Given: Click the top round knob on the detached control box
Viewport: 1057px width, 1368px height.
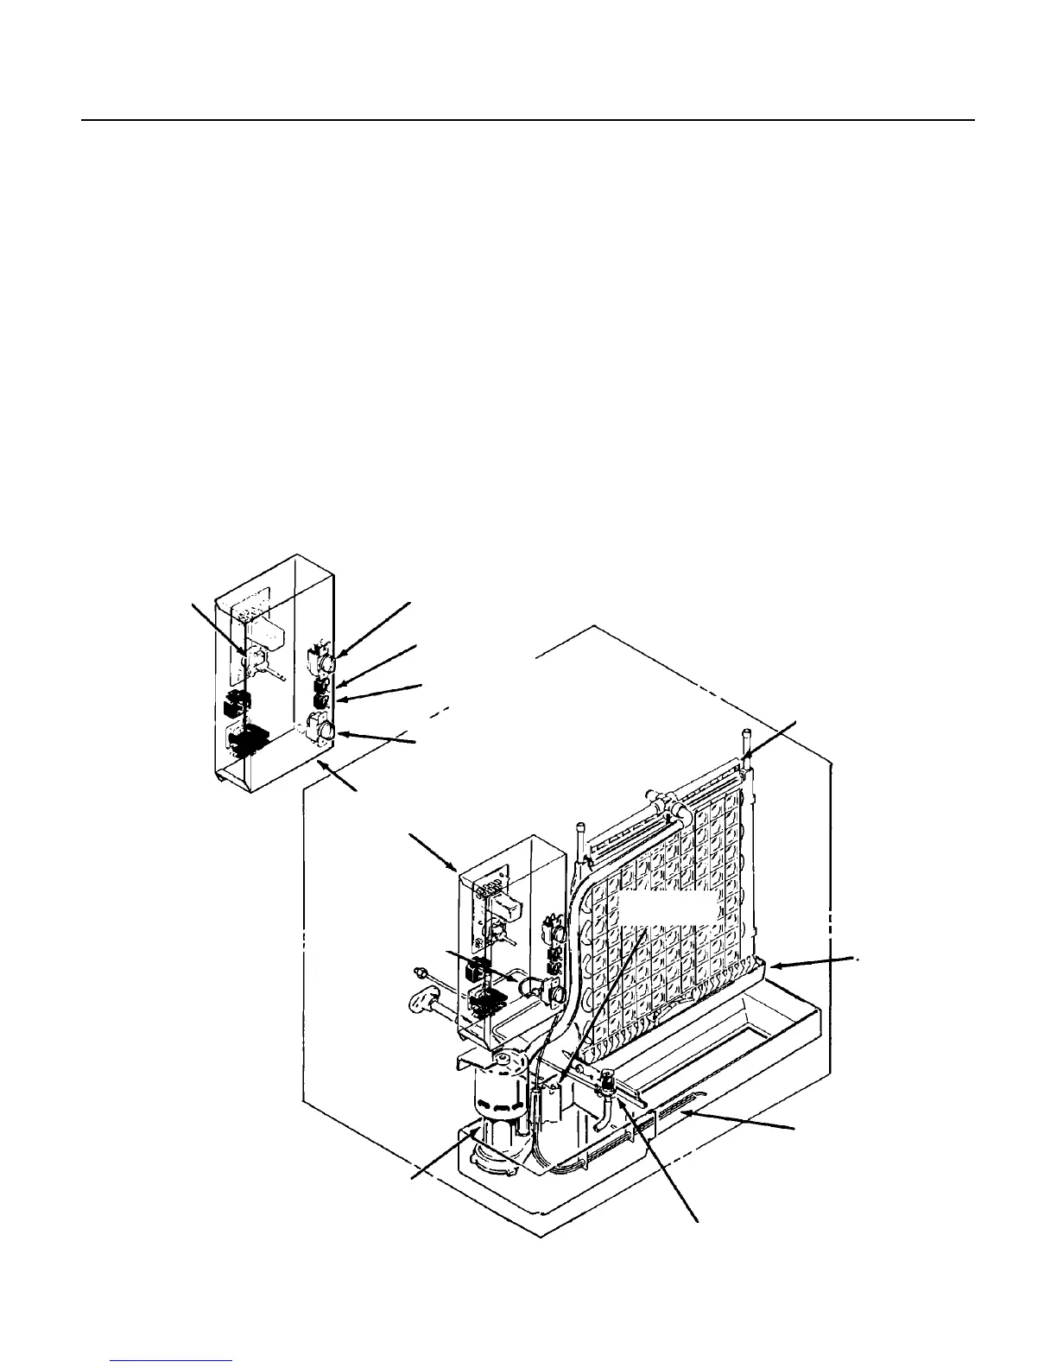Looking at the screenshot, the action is click(329, 663).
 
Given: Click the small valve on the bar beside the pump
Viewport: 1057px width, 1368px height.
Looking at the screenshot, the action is click(607, 1080).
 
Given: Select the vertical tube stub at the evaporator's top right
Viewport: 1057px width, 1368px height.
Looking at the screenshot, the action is click(744, 744).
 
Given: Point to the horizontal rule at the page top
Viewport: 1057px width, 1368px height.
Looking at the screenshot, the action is click(528, 120).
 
